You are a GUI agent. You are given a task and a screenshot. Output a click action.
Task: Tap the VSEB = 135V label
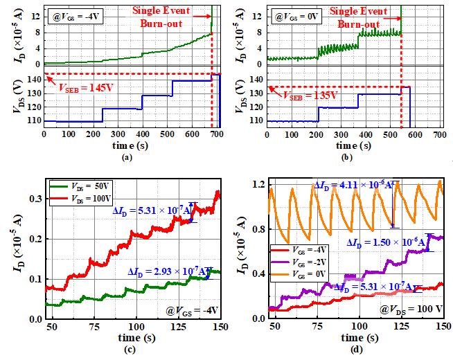click(x=304, y=97)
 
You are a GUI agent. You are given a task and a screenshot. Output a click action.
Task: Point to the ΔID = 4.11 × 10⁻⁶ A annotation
click(x=353, y=185)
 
